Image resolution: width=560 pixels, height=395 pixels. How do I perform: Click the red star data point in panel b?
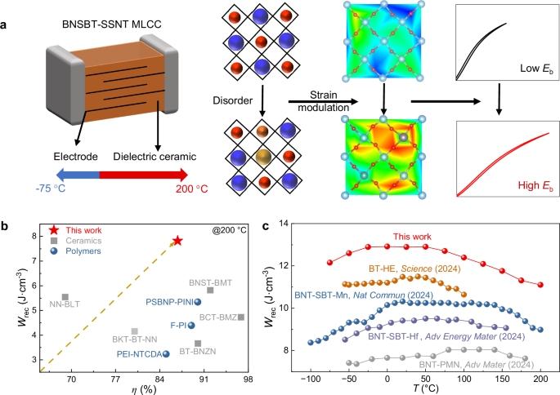pos(177,241)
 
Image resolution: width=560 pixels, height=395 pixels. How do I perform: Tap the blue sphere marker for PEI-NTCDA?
pos(166,353)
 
